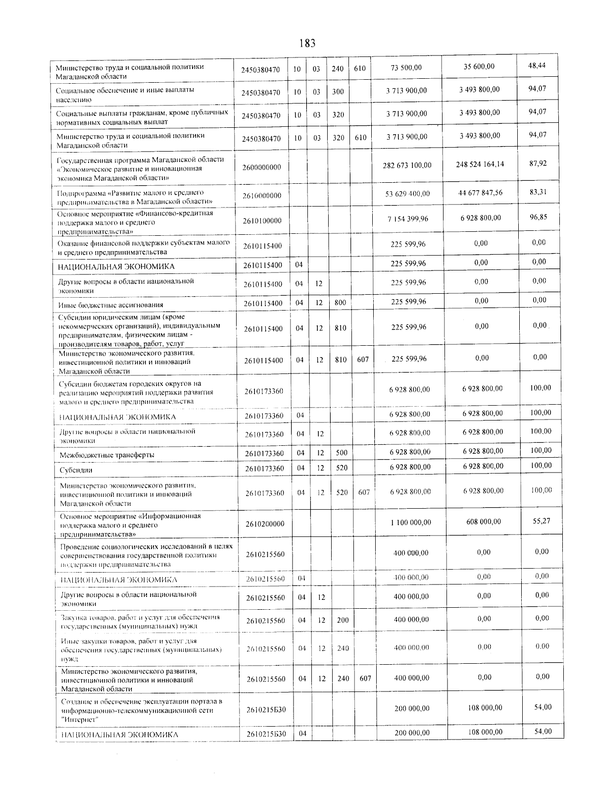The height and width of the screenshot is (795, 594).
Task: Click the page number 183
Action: click(x=307, y=44)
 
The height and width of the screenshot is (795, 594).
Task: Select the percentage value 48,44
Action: click(x=537, y=65)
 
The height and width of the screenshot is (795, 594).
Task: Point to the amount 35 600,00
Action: click(x=479, y=66)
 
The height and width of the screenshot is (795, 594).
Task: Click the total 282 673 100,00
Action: click(x=407, y=165)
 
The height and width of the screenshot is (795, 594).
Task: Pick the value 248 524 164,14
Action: click(x=480, y=163)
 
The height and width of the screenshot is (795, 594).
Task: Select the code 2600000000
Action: click(x=262, y=167)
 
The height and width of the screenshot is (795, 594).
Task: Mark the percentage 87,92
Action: click(x=538, y=163)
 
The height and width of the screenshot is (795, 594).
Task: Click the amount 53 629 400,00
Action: click(x=407, y=194)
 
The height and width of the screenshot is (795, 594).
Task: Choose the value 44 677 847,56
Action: click(x=480, y=192)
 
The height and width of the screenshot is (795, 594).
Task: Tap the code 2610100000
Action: click(x=262, y=220)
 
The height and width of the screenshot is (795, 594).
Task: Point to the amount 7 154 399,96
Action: click(x=408, y=219)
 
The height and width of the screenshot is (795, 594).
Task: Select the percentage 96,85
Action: click(x=538, y=217)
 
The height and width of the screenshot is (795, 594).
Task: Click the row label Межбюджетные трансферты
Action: click(x=107, y=455)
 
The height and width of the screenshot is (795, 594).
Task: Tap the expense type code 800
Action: click(x=340, y=302)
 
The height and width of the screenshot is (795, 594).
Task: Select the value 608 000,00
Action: click(x=484, y=522)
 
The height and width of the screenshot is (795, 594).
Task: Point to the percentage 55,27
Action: click(x=542, y=521)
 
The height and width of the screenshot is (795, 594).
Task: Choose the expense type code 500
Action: click(x=341, y=453)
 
